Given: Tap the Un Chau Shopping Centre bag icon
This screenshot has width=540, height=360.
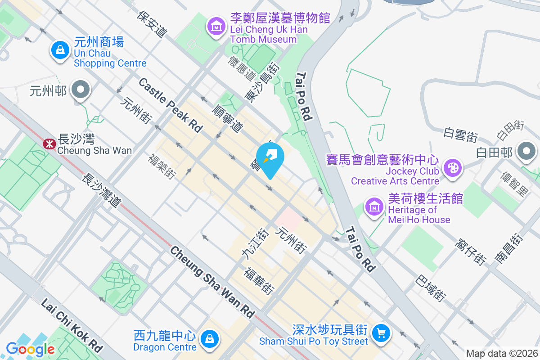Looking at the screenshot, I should click(60, 50).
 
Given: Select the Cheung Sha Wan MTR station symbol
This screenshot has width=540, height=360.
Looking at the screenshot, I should click(47, 144).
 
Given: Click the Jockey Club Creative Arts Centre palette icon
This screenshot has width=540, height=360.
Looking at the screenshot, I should click(450, 168).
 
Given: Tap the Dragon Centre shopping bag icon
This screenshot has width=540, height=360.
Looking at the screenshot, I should click(209, 338).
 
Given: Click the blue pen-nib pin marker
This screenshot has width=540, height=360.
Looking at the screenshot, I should click(270, 157).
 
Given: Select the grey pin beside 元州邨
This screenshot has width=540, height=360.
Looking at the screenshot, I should click(81, 90).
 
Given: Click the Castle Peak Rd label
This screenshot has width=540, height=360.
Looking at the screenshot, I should click(171, 105).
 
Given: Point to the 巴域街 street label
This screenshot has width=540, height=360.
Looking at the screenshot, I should click(431, 288).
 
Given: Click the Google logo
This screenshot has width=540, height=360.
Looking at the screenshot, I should click(30, 349).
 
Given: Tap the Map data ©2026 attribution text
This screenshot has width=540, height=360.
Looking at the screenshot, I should click(501, 354).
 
